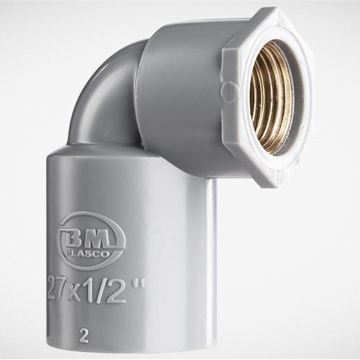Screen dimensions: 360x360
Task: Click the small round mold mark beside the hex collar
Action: [226, 91]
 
